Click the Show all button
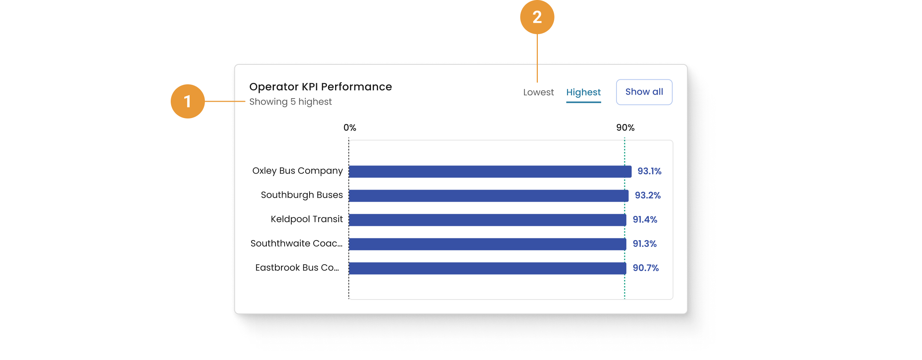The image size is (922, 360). point(644,92)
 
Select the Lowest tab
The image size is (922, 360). point(538,92)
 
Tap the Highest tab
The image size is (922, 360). point(583,92)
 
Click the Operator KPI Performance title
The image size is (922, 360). point(320,86)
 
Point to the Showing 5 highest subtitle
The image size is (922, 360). point(290,102)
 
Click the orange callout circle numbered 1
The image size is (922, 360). point(187,101)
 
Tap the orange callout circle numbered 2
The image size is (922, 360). point(537,17)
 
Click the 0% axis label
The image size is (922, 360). point(349,128)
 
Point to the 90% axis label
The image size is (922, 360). point(625,128)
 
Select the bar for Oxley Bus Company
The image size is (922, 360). point(489,171)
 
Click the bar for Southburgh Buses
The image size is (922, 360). point(488,196)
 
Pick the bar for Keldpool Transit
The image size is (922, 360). point(487,220)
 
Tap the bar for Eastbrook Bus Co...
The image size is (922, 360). point(487,268)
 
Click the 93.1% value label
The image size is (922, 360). point(649,171)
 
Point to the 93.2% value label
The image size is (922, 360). point(647,195)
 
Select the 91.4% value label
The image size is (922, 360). point(645,220)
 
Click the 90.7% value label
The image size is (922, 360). point(645,268)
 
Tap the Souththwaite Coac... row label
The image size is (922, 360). point(296,244)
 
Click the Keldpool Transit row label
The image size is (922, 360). point(306,219)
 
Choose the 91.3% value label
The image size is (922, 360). point(644,244)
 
